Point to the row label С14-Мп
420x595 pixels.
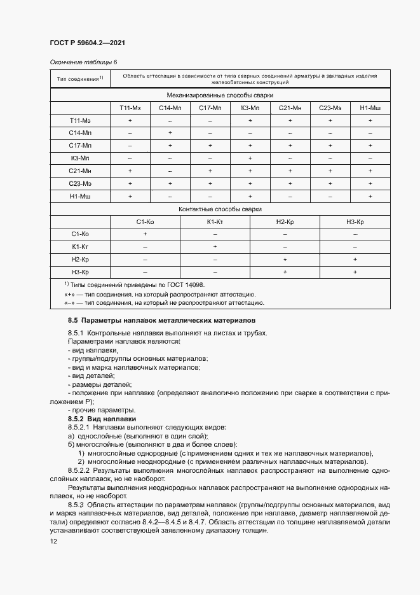(80, 132)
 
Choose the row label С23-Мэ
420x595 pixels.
(80, 183)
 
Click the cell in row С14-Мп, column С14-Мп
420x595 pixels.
(170, 132)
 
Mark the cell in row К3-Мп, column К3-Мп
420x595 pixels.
(250, 158)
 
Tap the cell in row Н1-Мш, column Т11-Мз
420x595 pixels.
(130, 196)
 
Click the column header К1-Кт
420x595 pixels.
(215, 221)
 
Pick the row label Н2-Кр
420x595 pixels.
(80, 260)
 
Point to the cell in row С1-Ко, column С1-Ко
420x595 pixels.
(145, 234)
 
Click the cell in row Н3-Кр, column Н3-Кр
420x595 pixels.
(355, 272)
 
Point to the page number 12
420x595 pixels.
(53, 541)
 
